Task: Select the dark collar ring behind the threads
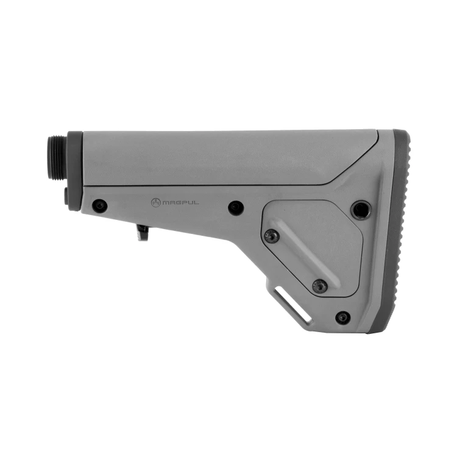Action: point(74,171)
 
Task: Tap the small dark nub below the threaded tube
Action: point(66,195)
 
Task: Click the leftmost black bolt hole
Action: point(100,206)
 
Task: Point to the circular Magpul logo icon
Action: point(155,202)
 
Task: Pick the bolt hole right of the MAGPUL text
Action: point(236,208)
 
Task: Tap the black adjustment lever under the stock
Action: point(143,232)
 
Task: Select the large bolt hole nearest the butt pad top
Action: point(361,210)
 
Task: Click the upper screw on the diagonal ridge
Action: point(272,236)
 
